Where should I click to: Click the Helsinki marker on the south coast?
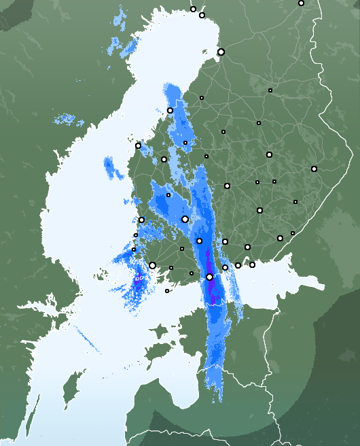(210, 277)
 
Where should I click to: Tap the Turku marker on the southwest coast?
(153, 266)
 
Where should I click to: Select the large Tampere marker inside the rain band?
(185, 219)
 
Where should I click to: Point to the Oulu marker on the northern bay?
(221, 52)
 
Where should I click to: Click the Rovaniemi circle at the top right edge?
(301, 3)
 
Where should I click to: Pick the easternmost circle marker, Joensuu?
(314, 169)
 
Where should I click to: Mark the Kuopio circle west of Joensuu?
(269, 154)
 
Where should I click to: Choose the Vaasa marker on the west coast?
(138, 145)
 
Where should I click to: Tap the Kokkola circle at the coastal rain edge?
(170, 110)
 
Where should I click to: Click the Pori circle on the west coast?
(141, 220)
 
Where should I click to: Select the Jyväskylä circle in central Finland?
(227, 186)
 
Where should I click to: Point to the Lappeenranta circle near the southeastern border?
(280, 238)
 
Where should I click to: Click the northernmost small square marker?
(270, 90)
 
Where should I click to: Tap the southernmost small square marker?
(167, 291)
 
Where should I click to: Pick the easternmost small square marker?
(295, 202)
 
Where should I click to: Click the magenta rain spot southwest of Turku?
(138, 279)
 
